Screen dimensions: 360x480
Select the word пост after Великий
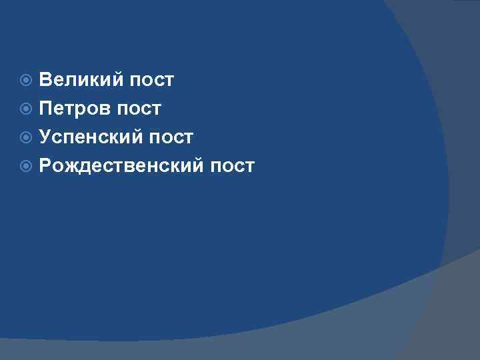[x=152, y=80]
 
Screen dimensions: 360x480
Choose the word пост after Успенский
[x=171, y=137]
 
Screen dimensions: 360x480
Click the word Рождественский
[x=121, y=166]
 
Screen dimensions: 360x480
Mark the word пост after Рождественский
[x=232, y=166]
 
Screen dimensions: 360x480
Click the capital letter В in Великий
[x=45, y=80]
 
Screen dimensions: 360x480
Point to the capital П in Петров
[x=46, y=109]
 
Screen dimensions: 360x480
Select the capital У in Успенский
[x=45, y=137]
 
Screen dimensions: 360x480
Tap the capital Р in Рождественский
[x=45, y=166]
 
